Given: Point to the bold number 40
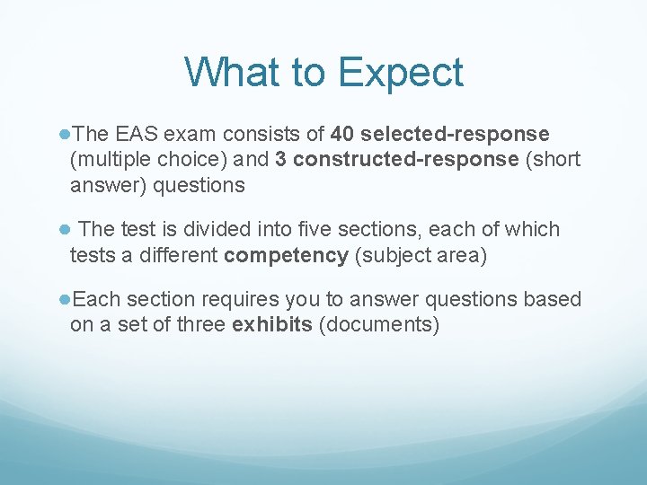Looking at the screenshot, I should pyautogui.click(x=342, y=135).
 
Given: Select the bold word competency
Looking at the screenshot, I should pyautogui.click(x=286, y=255).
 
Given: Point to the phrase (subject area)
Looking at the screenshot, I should pyautogui.click(x=421, y=255).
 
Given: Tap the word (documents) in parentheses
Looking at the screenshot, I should pyautogui.click(x=382, y=324).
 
